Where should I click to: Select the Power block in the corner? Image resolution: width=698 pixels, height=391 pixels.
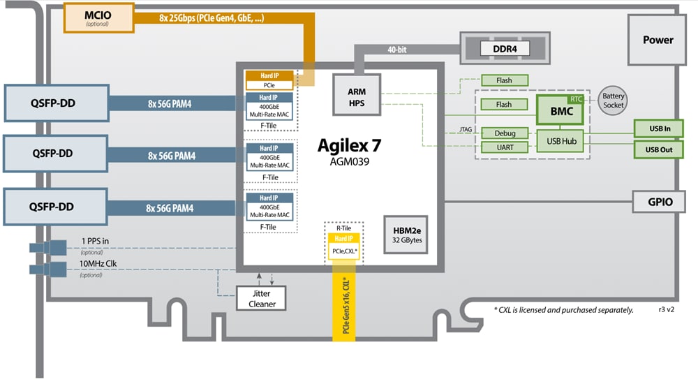click(658, 40)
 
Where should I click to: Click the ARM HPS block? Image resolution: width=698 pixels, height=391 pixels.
click(357, 97)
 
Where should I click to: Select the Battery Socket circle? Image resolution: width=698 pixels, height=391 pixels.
click(614, 101)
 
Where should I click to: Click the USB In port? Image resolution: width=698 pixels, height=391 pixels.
click(658, 128)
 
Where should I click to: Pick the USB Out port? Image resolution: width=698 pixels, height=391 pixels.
click(658, 149)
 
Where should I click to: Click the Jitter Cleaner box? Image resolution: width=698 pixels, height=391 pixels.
click(262, 298)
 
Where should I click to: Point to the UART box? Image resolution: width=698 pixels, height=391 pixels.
click(505, 147)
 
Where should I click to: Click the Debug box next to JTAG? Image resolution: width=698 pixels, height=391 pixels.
click(505, 133)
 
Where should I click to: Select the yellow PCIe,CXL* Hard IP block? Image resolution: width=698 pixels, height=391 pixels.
click(342, 246)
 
